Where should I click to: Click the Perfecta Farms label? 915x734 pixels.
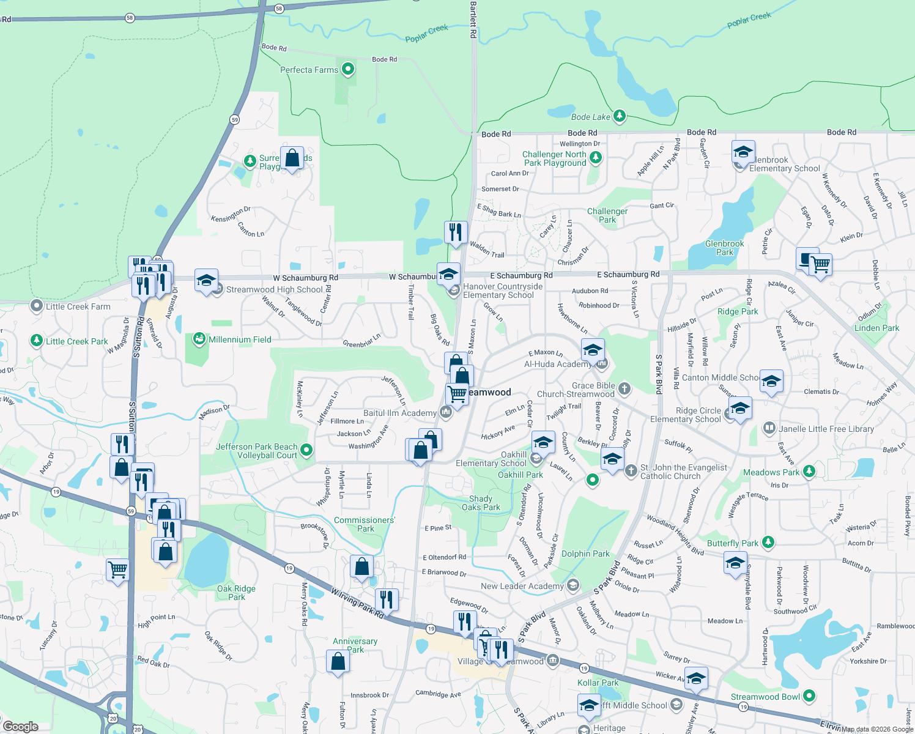point(309,70)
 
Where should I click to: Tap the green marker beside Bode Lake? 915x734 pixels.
point(620,116)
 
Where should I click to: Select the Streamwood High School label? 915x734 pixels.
point(274,289)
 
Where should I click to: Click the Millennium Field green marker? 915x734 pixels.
point(199,339)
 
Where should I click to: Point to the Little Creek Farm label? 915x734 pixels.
point(78,306)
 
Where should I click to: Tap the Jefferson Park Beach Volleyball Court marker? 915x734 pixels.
point(306,451)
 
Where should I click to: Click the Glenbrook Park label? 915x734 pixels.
point(725,248)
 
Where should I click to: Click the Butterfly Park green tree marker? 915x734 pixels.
point(768,543)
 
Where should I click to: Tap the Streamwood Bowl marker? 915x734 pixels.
point(809,696)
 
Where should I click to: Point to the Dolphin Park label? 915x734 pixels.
point(585,554)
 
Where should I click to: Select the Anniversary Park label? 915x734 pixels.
point(355,645)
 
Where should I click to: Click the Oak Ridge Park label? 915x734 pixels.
point(236,593)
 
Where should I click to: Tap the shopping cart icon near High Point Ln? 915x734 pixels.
point(117,569)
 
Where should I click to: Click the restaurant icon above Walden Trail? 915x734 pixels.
point(456,232)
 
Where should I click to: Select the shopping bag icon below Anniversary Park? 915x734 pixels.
point(338,661)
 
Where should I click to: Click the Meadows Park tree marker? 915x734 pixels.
point(809,471)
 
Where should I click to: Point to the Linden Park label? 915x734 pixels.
point(876,328)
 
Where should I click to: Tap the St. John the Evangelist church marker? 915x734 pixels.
point(631,470)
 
